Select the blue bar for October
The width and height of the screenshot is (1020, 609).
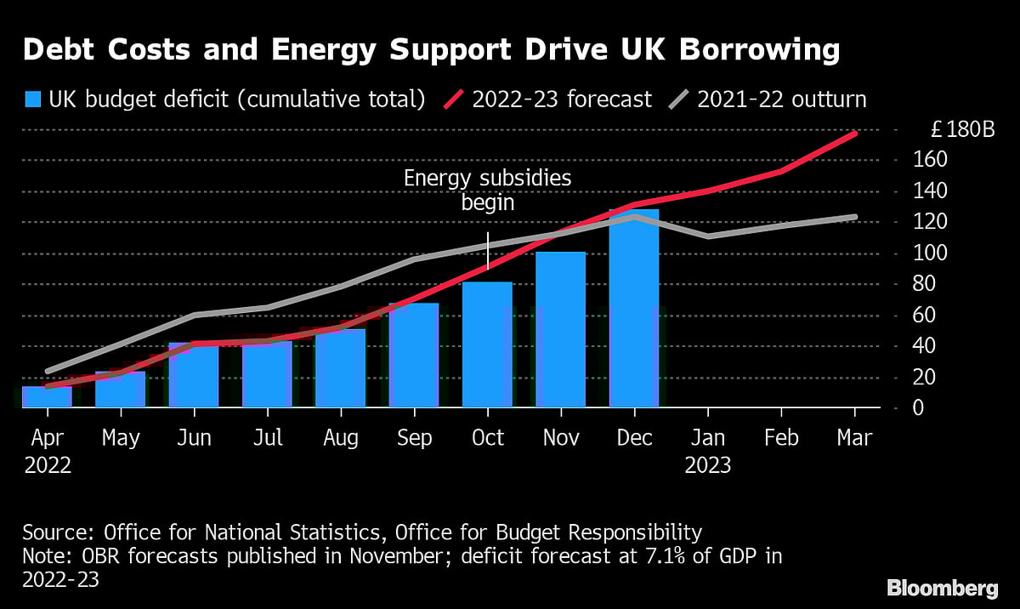point(487,344)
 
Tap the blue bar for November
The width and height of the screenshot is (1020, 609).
point(560,330)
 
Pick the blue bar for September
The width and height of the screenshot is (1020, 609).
point(414,356)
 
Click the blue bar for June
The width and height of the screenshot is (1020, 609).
point(194,375)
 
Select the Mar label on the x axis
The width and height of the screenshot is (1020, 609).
point(854,438)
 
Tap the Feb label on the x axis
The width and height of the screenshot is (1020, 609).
point(781,438)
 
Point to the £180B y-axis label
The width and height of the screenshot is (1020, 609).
point(962,130)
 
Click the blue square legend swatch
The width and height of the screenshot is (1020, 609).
point(33,100)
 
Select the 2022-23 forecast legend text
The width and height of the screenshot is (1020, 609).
point(562,100)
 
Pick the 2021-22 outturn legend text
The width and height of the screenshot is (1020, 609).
point(781,100)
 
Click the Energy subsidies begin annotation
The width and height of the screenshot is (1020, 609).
point(487,191)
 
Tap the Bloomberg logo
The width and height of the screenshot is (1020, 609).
point(943,588)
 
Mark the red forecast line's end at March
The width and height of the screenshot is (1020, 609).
point(854,134)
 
